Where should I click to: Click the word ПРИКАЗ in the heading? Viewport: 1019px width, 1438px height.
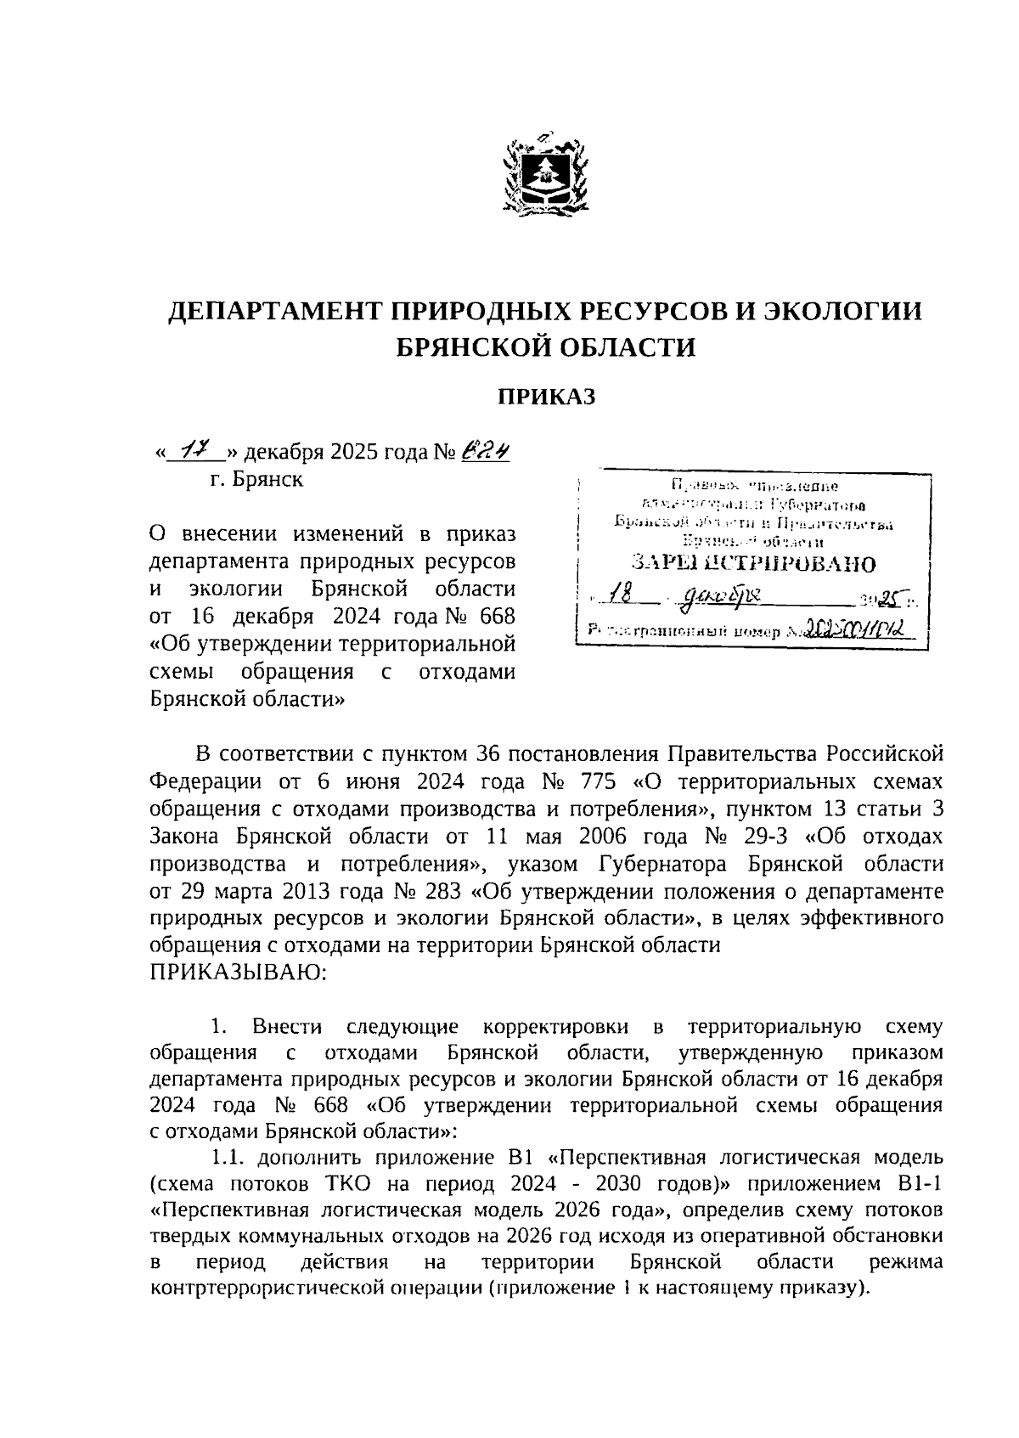point(546,396)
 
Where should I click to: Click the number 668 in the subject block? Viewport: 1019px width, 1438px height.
point(495,616)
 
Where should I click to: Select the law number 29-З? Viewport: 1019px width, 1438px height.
point(766,837)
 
